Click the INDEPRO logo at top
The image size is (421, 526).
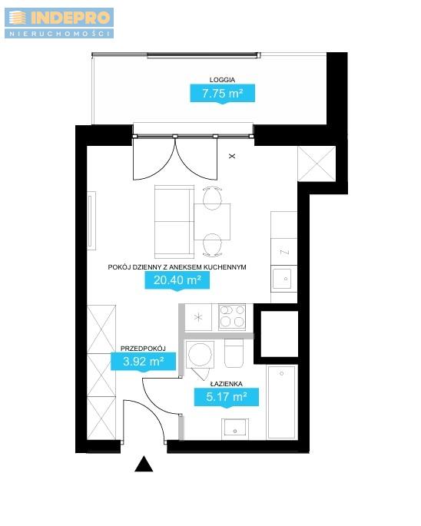pyautogui.click(x=59, y=23)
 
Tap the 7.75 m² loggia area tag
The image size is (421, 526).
pyautogui.click(x=223, y=93)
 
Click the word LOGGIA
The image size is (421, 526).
pyautogui.click(x=222, y=80)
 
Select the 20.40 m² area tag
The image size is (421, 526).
pyautogui.click(x=177, y=280)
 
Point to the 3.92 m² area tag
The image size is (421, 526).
pyautogui.click(x=144, y=362)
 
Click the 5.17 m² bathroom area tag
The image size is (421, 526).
pyautogui.click(x=227, y=397)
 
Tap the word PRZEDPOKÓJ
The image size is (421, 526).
pyautogui.click(x=143, y=348)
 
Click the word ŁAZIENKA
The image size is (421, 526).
pyautogui.click(x=227, y=384)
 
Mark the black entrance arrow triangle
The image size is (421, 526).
pyautogui.click(x=144, y=464)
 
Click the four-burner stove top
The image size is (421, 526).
pyautogui.click(x=232, y=317)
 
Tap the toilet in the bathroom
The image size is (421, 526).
pyautogui.click(x=234, y=353)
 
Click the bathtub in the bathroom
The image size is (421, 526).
pyautogui.click(x=282, y=402)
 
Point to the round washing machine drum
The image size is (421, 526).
pyautogui.click(x=200, y=355)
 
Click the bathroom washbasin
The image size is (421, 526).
pyautogui.click(x=235, y=428)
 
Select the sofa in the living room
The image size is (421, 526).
pyautogui.click(x=174, y=221)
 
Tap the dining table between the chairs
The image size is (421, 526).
pyautogui.click(x=212, y=221)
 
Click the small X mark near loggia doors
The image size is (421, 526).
pyautogui.click(x=232, y=156)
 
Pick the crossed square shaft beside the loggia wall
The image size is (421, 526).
pyautogui.click(x=317, y=164)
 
